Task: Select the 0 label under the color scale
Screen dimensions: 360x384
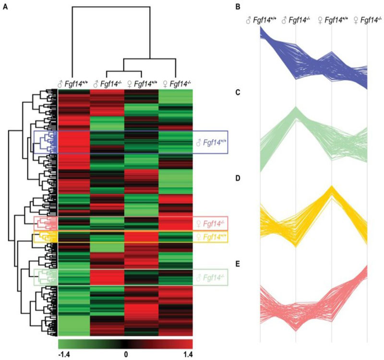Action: pyautogui.click(x=126, y=354)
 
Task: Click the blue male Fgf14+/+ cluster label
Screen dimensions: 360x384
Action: pyautogui.click(x=212, y=143)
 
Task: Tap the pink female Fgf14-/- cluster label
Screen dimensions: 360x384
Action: pyautogui.click(x=212, y=223)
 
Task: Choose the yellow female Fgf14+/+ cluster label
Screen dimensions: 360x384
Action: pyautogui.click(x=212, y=237)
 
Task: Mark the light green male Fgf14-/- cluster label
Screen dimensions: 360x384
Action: pyautogui.click(x=212, y=277)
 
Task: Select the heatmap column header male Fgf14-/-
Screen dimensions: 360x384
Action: pyautogui.click(x=107, y=84)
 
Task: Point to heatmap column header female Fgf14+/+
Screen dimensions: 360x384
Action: pyautogui.click(x=141, y=84)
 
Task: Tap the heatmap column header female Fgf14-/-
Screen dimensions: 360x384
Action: pyautogui.click(x=175, y=84)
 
